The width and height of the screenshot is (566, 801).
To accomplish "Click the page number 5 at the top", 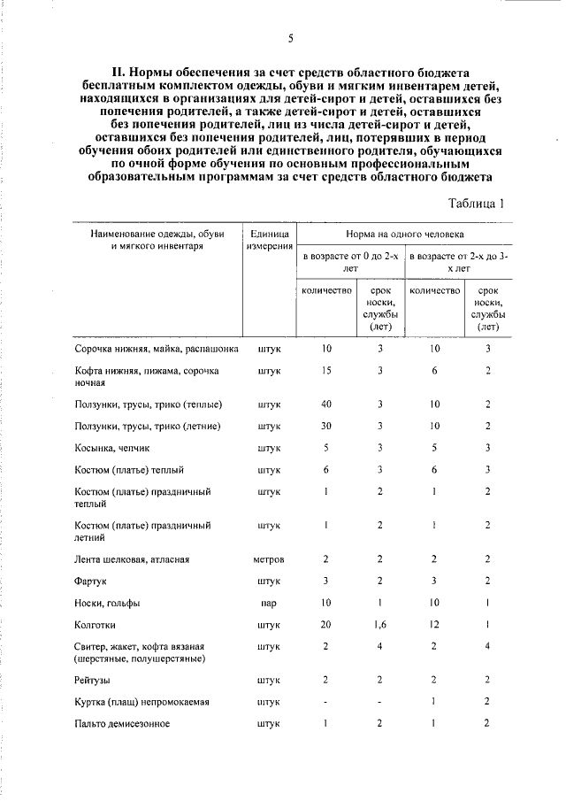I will pos(290,37).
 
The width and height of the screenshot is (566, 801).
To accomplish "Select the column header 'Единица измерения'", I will pos(270,238).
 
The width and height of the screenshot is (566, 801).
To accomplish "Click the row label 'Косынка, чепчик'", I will pos(112,448).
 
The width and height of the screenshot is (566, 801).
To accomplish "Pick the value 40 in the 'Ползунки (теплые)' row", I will pos(326,404).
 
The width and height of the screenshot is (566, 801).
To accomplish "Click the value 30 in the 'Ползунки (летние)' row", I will pos(326,426).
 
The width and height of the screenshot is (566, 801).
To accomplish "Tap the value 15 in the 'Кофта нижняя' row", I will pos(326,370).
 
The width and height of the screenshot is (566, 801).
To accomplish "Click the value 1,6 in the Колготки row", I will pos(380,624).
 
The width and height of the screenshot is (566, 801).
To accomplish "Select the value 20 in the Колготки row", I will pos(326,624).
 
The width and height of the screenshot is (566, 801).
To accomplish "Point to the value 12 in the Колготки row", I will pos(434,624).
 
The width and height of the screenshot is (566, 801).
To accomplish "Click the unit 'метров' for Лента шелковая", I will pos(270,559).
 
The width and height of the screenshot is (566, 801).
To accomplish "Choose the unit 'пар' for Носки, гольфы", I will pos(270,603).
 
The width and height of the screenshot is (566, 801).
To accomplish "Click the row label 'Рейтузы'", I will pos(94,681).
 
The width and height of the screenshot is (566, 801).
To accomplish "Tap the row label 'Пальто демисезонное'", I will pos(122,723).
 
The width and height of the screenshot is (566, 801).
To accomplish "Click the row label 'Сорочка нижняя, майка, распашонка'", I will pos(157,349).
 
